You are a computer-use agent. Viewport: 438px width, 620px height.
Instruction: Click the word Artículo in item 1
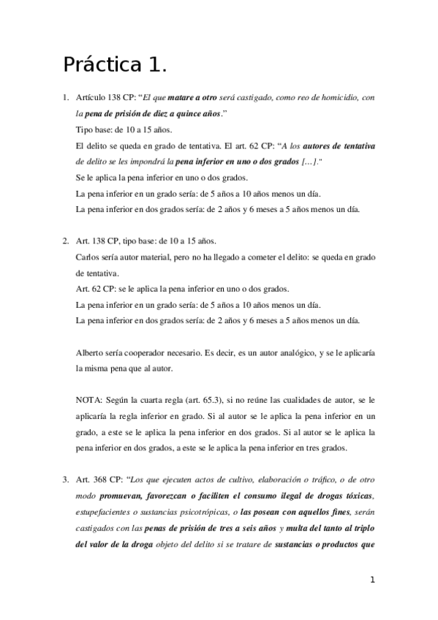point(92,97)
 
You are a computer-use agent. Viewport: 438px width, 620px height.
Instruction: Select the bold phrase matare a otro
point(192,97)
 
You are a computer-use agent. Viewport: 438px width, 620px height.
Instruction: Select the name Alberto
point(89,353)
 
